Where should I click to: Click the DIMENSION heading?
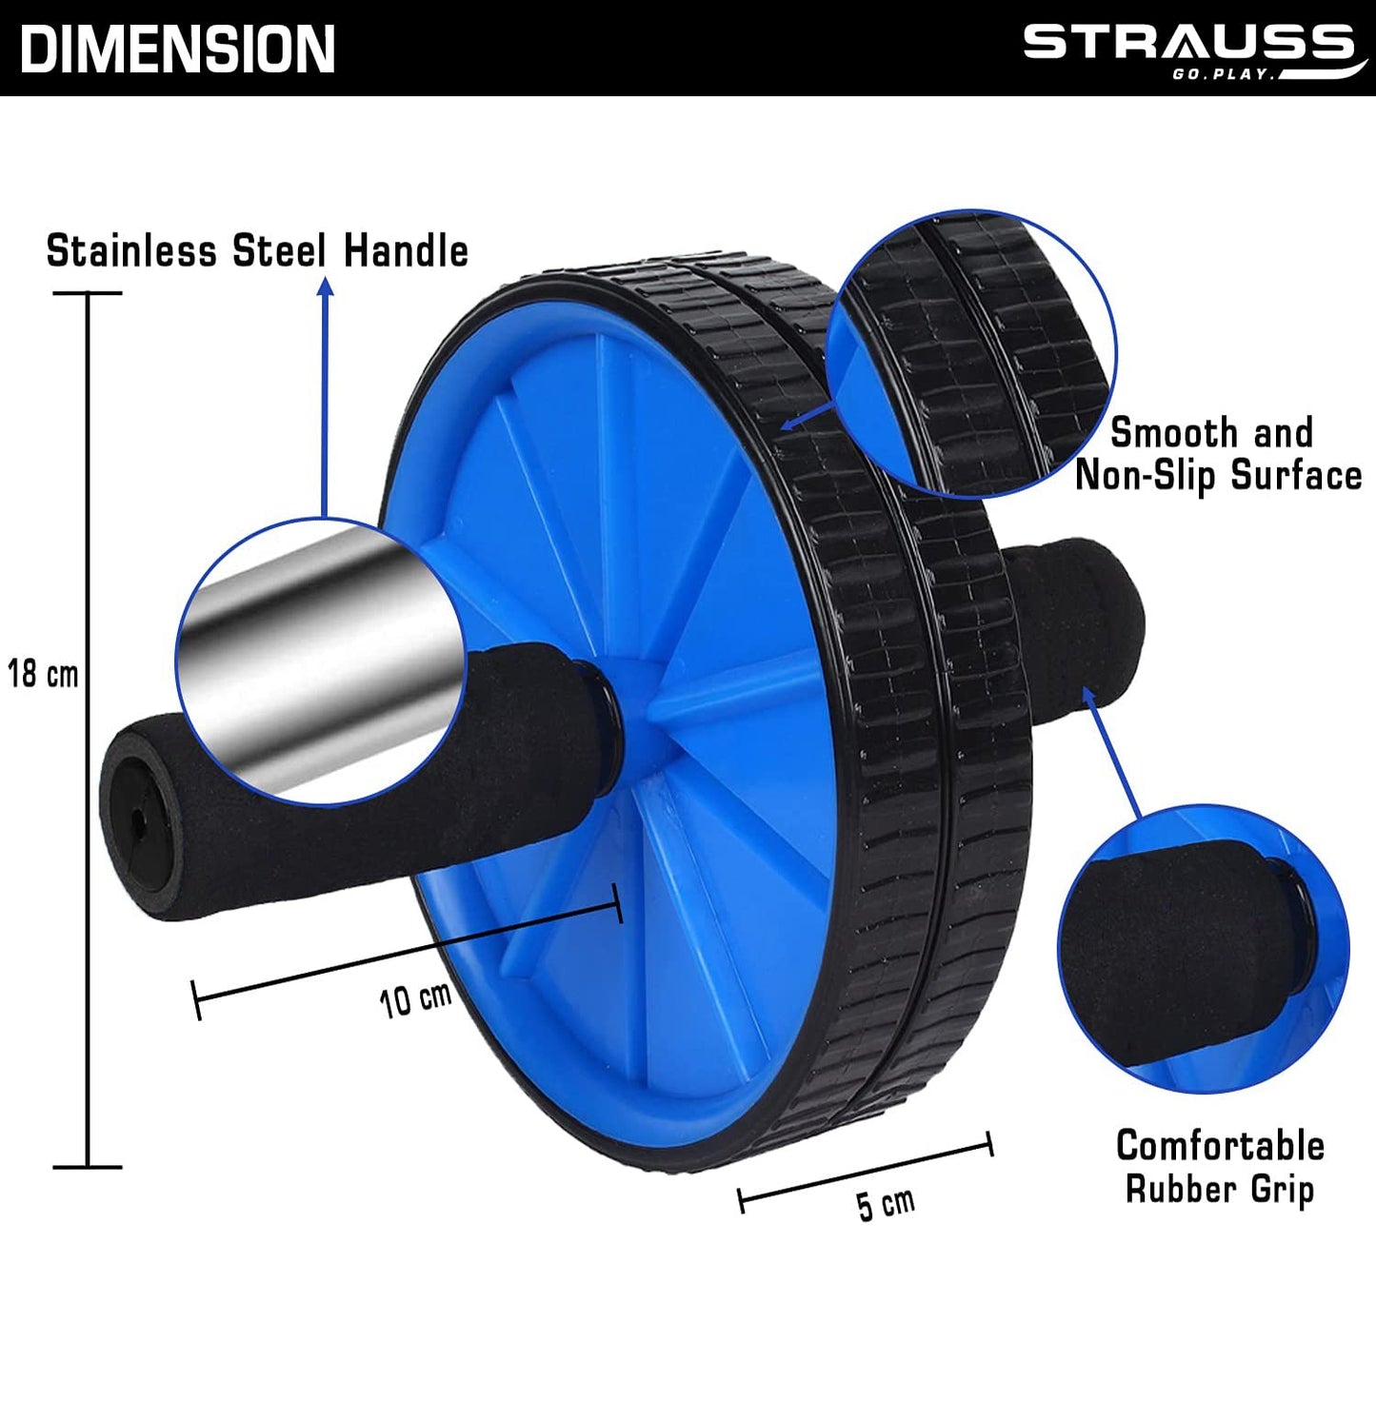pyautogui.click(x=177, y=49)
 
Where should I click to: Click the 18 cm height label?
pyautogui.click(x=43, y=674)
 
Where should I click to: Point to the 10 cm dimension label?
pyautogui.click(x=415, y=999)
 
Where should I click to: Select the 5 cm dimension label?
pyautogui.click(x=886, y=1204)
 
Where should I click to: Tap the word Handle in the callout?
pyautogui.click(x=406, y=251)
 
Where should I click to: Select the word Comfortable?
pyautogui.click(x=1220, y=1146)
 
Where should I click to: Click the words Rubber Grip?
pyautogui.click(x=1220, y=1190)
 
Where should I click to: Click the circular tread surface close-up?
pyautogui.click(x=971, y=352)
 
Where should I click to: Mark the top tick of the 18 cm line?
pyautogui.click(x=88, y=293)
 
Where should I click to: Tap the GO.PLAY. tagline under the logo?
pyautogui.click(x=1224, y=74)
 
